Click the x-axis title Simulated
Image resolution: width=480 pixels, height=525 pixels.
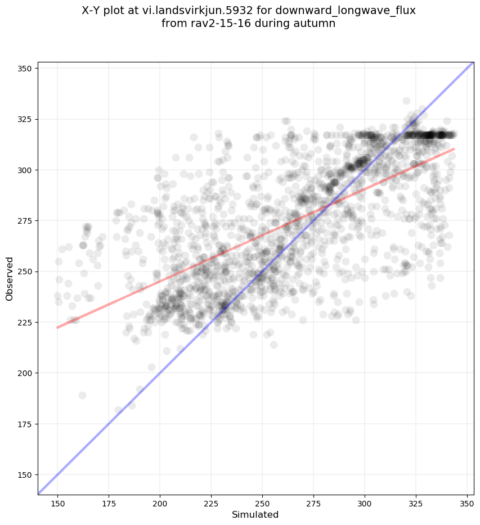[x=255, y=514]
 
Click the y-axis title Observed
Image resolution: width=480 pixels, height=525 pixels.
[x=10, y=279]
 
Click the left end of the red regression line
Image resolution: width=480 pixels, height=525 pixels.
[x=57, y=327]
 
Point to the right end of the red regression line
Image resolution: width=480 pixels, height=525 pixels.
[x=454, y=149]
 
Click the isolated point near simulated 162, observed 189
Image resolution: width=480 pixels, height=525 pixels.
[x=82, y=395]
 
